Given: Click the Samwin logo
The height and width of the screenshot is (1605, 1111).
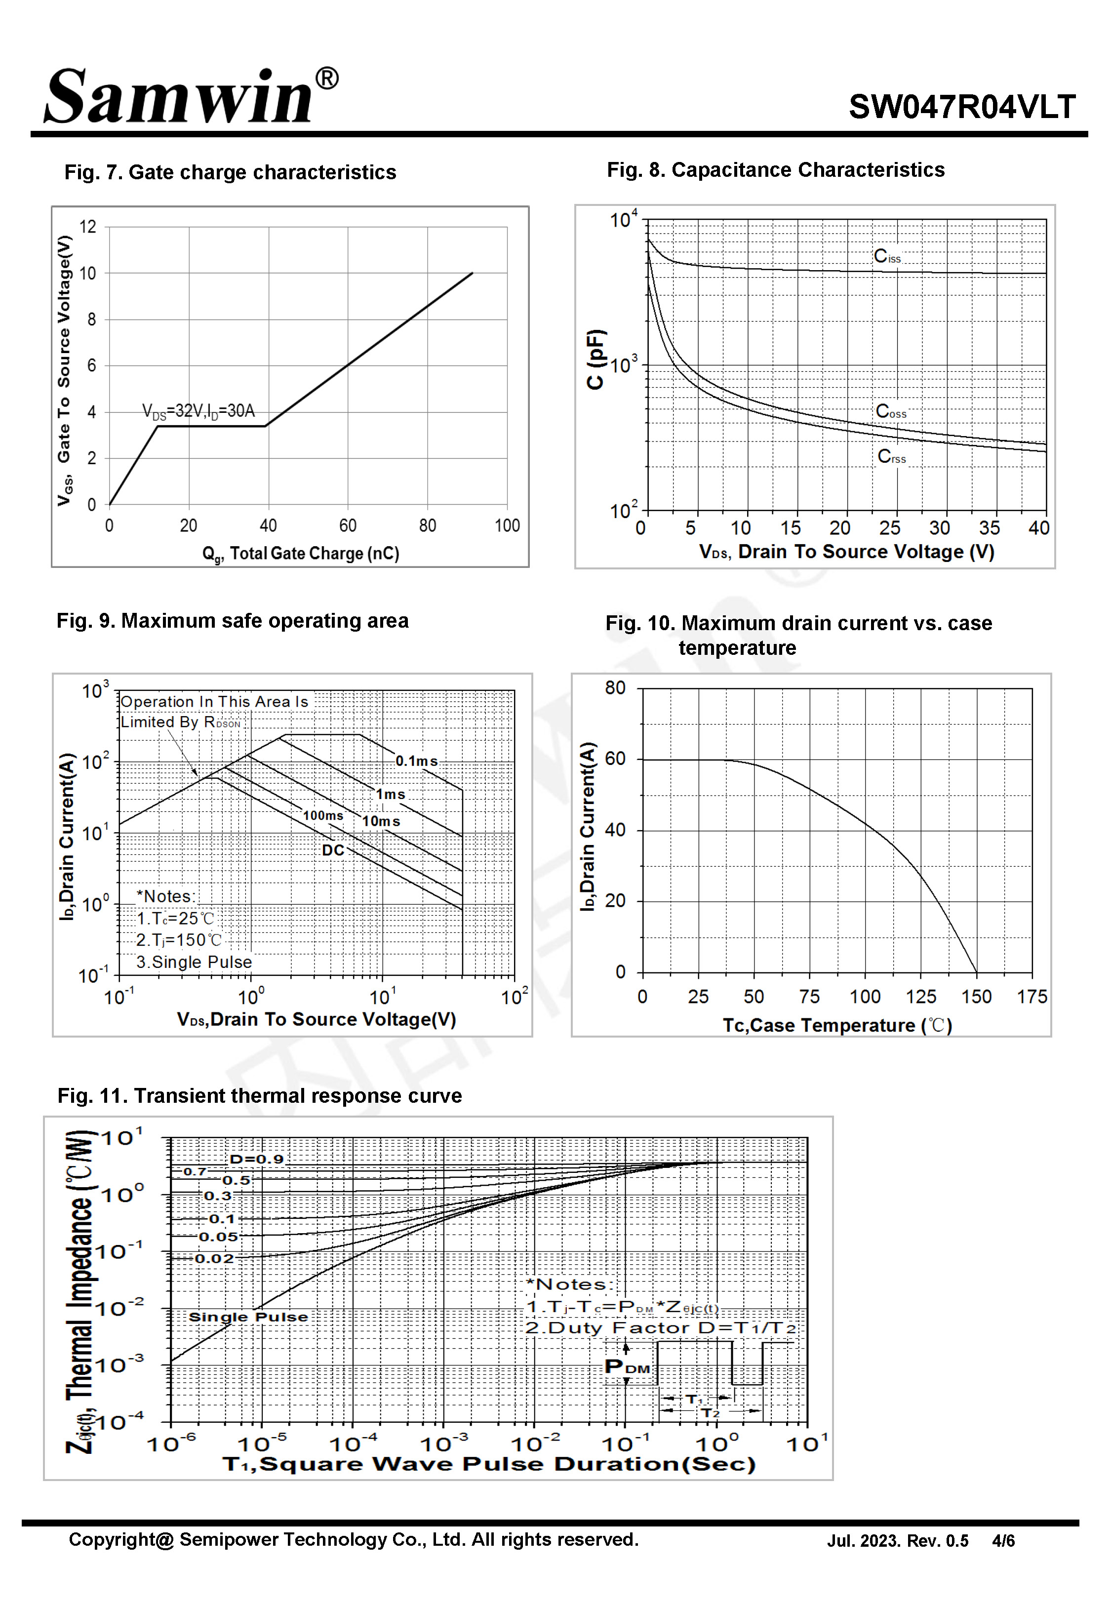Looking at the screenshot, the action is pyautogui.click(x=192, y=95).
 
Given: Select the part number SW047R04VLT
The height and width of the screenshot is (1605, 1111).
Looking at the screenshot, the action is pyautogui.click(x=962, y=107).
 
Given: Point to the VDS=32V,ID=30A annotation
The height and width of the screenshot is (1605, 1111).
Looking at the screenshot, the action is pyautogui.click(x=198, y=411).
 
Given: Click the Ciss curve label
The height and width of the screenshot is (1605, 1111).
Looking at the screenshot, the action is pyautogui.click(x=887, y=256).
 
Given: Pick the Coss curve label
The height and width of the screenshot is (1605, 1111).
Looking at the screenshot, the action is pyautogui.click(x=891, y=411).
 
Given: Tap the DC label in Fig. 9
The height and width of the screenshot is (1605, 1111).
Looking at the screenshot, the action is pyautogui.click(x=333, y=850).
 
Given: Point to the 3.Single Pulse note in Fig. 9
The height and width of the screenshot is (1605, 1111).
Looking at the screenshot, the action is pyautogui.click(x=194, y=962).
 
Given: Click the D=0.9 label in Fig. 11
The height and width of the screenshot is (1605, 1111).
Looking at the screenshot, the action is pyautogui.click(x=257, y=1159).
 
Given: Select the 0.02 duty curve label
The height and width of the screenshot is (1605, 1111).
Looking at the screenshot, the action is pyautogui.click(x=214, y=1258).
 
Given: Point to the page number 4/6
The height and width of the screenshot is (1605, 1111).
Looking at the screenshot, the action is pyautogui.click(x=1004, y=1541).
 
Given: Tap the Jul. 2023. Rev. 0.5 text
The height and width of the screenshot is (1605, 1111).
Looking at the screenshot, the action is pyautogui.click(x=898, y=1541).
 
